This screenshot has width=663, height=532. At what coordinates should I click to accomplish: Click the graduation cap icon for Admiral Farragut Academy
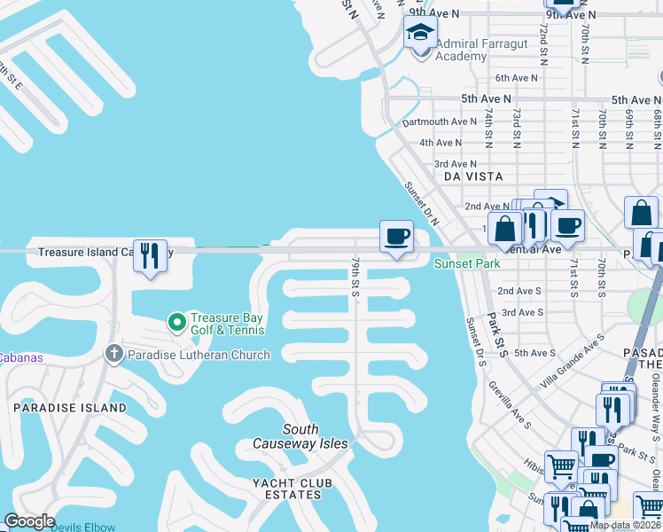coord(421,35)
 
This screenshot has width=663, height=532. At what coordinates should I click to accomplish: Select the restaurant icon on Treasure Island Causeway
coord(150,256)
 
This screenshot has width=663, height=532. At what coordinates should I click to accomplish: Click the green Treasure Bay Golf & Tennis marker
coord(176,321)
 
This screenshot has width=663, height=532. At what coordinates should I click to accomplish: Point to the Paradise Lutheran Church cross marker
coord(113,355)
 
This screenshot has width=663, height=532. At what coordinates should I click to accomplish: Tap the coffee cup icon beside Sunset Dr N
coord(396,237)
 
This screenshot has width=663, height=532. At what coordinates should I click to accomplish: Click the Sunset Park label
coord(466,263)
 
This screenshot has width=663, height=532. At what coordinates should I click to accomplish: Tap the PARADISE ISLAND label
coord(70,407)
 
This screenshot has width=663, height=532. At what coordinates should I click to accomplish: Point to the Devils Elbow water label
coord(82,527)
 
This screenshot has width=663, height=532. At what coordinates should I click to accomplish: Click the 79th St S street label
coord(355,278)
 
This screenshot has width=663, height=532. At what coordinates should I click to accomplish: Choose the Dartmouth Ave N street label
coord(439,121)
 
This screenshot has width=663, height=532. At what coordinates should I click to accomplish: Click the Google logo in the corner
coord(29,521)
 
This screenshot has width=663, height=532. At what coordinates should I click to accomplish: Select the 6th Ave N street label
coord(517,78)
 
